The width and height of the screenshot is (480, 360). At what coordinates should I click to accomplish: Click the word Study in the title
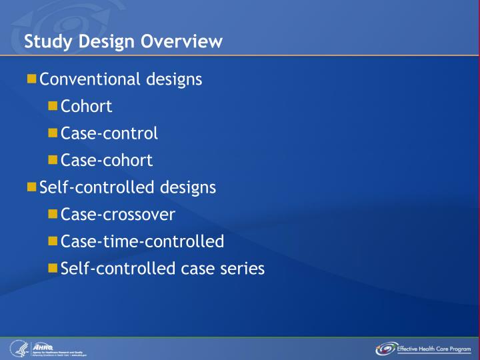pos(46,42)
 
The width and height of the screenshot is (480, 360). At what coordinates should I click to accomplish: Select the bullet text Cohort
pos(86,107)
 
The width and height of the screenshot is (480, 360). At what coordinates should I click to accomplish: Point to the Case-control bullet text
pos(109,133)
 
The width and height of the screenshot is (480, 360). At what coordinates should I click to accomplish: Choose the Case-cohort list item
pos(107,161)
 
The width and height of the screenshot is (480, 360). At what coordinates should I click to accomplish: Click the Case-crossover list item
pos(118,215)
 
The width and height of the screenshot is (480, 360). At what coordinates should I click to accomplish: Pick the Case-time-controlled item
pos(142,241)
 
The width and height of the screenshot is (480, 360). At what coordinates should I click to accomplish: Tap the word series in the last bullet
pos(242,269)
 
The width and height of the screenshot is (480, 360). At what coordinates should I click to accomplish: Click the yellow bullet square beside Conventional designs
pos(32,79)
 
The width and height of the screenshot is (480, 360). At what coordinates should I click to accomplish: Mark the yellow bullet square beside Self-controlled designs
pos(32,187)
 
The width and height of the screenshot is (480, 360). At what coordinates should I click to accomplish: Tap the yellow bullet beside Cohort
pos(53,107)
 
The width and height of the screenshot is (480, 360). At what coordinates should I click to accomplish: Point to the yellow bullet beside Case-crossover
pos(53,214)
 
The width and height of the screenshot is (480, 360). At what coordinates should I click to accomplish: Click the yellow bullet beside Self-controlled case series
pos(53,268)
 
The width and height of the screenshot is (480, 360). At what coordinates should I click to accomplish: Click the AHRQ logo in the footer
pos(43,346)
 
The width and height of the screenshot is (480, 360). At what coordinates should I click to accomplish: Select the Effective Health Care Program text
pos(434,348)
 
